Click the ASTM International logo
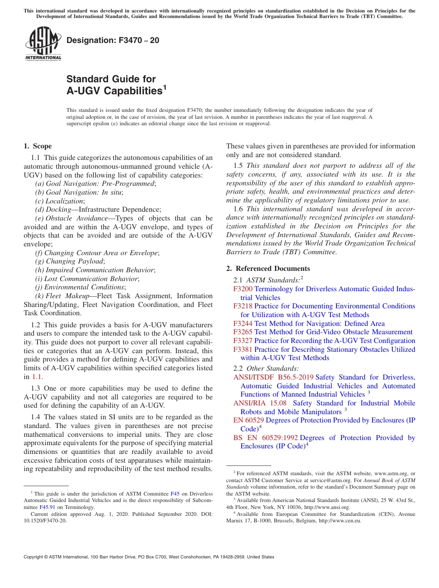tap(43, 43)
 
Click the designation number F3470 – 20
tap(113, 40)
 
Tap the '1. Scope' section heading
tap(37, 146)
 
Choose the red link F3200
tap(243, 289)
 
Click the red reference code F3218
tap(243, 306)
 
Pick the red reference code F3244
tap(243, 323)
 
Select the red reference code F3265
tap(243, 332)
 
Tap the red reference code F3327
tap(243, 341)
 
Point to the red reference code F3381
tap(243, 349)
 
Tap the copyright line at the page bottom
tap(149, 557)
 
